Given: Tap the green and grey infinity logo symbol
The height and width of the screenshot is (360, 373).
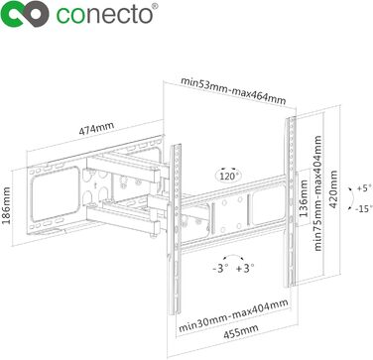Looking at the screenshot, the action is click(25, 13).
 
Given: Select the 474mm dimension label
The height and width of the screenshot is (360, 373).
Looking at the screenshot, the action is click(96, 129).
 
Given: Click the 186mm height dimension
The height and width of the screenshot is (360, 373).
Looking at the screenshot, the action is click(6, 205).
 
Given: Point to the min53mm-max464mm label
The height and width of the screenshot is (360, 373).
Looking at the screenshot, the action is click(232, 91).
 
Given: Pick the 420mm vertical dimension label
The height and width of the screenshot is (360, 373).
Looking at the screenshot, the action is click(333, 189).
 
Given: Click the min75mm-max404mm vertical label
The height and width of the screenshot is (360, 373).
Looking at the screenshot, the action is click(317, 192).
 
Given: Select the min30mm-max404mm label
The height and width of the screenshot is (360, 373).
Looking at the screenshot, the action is click(233, 315).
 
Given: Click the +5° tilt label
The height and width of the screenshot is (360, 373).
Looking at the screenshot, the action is click(362, 188).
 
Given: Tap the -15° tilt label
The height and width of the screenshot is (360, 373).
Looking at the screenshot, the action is click(363, 209).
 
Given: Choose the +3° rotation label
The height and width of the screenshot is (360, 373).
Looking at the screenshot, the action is click(246, 268).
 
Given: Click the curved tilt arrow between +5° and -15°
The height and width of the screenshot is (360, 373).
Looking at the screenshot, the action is click(353, 199).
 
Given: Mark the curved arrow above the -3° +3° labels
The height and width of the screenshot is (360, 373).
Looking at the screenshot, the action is click(233, 255).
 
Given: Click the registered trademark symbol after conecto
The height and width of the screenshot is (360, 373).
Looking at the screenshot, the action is click(156, 6).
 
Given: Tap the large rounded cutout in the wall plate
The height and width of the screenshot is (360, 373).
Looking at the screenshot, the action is click(56, 193).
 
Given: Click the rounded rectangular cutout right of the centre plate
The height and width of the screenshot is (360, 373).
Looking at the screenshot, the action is click(269, 204).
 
